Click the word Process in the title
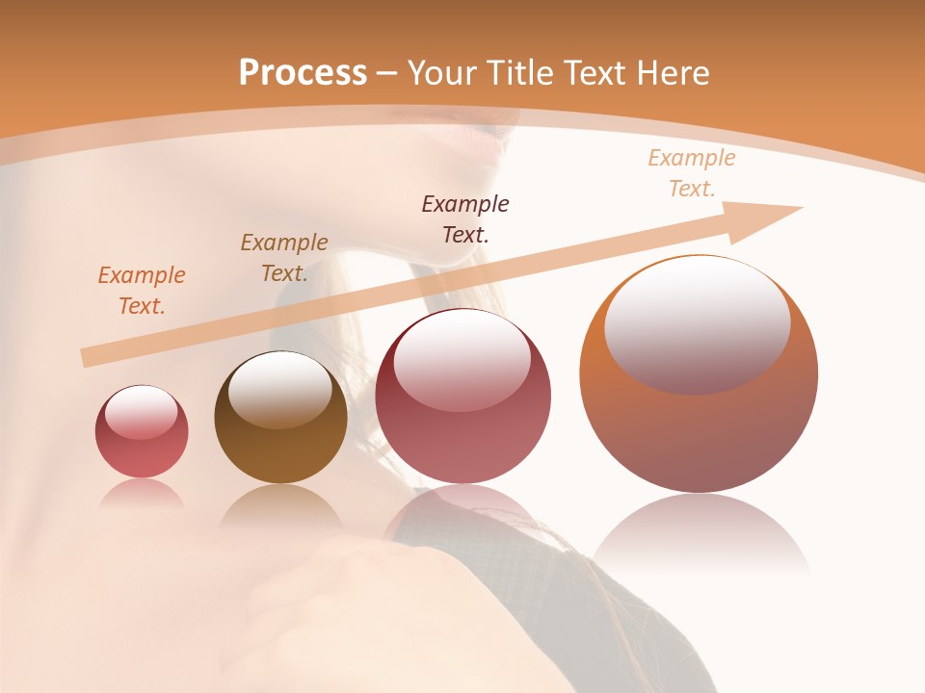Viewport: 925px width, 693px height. [x=303, y=73]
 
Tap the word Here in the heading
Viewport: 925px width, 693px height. [x=674, y=73]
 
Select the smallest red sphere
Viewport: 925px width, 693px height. [x=142, y=432]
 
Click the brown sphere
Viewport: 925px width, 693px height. [x=280, y=419]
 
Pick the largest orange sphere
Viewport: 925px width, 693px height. [x=699, y=375]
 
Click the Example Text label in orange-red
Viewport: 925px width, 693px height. [x=142, y=291]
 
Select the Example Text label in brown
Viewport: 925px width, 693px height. [x=284, y=258]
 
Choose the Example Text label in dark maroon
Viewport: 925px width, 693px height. [x=465, y=219]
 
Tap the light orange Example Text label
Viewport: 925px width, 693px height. [x=692, y=173]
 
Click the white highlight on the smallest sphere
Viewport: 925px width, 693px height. [x=141, y=412]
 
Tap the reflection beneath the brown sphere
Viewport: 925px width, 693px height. [x=280, y=505]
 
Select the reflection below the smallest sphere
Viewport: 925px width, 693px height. [x=142, y=493]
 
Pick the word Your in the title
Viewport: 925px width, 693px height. [x=441, y=73]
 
